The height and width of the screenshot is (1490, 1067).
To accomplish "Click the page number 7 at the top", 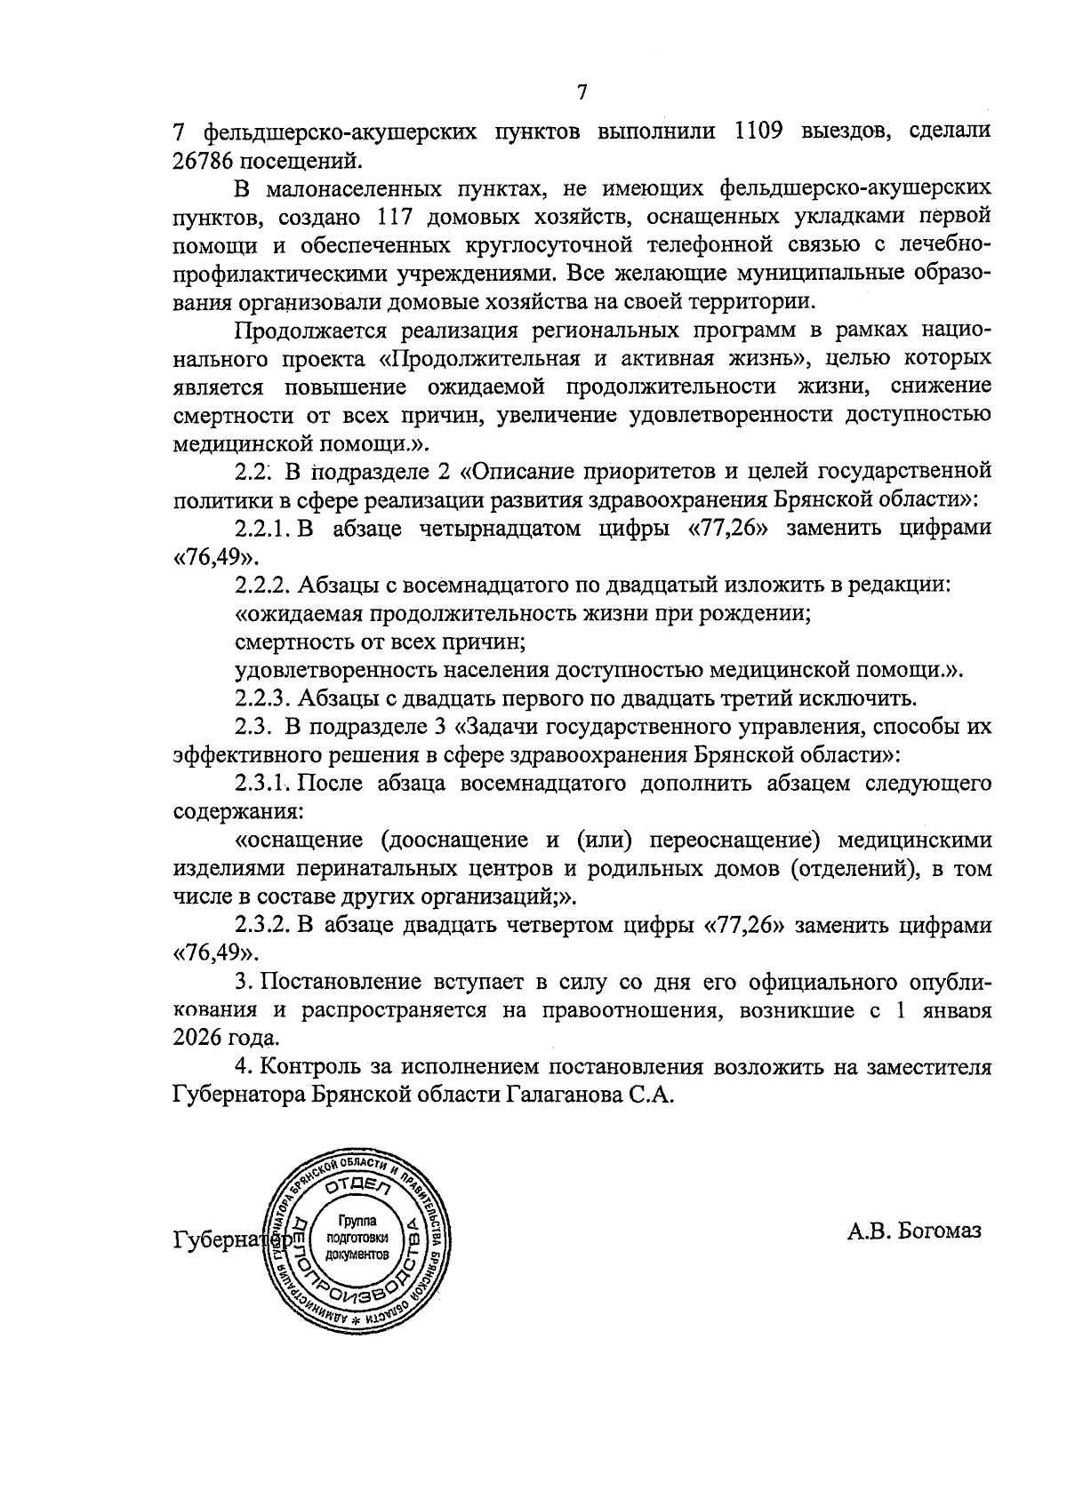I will tap(582, 92).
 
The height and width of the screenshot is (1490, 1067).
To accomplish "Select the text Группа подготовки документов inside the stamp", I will tap(357, 1239).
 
